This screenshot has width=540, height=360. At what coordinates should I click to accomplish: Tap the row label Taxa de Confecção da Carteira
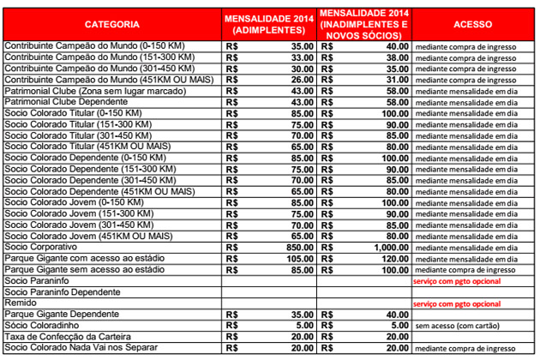click(69, 338)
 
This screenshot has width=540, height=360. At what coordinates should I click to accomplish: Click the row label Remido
click(20, 303)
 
